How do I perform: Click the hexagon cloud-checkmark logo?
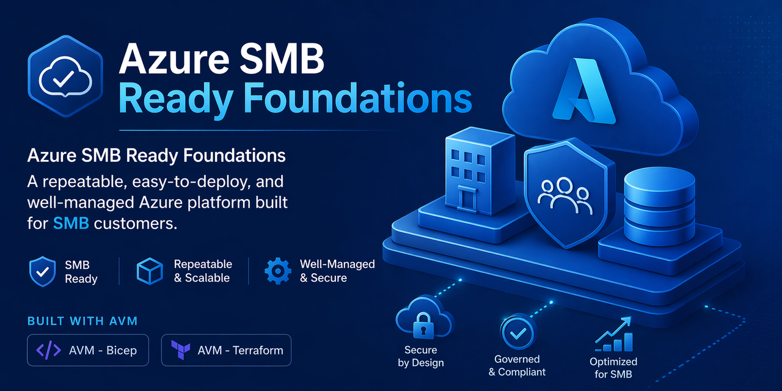tap(64, 77)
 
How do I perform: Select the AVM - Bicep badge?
tap(88, 350)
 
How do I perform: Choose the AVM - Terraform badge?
tap(226, 350)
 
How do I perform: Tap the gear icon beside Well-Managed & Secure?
tap(277, 271)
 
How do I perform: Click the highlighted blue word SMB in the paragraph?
tap(71, 223)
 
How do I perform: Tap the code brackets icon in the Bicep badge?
tap(49, 350)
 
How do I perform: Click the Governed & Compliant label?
tap(517, 365)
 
